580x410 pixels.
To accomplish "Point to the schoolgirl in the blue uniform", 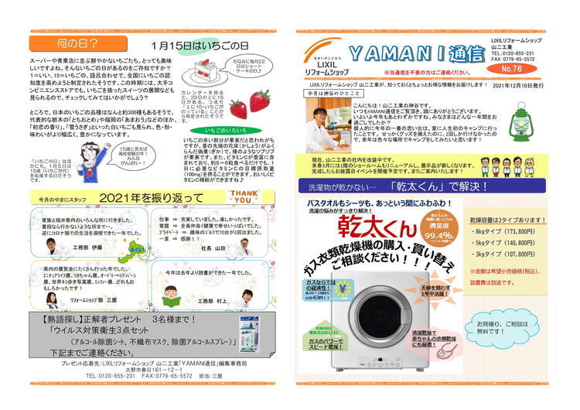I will tap(92, 159).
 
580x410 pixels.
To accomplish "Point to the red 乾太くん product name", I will tap(367, 229).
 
